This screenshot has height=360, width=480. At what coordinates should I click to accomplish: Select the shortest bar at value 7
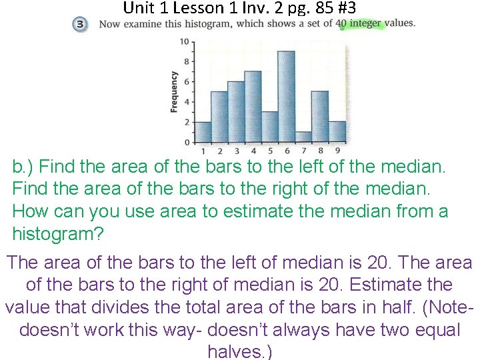click(303, 137)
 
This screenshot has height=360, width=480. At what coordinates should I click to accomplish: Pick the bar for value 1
click(203, 132)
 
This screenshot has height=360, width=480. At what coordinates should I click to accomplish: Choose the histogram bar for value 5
click(269, 127)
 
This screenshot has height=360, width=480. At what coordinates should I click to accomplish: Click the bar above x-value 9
click(337, 132)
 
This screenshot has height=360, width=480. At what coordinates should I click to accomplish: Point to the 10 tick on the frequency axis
click(185, 42)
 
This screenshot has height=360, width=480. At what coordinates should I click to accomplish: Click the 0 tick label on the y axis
click(186, 142)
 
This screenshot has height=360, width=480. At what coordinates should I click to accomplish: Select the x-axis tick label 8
click(320, 150)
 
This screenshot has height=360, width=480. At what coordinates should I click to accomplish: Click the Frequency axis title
click(174, 91)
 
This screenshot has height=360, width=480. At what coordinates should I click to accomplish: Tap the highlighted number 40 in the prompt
click(341, 23)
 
